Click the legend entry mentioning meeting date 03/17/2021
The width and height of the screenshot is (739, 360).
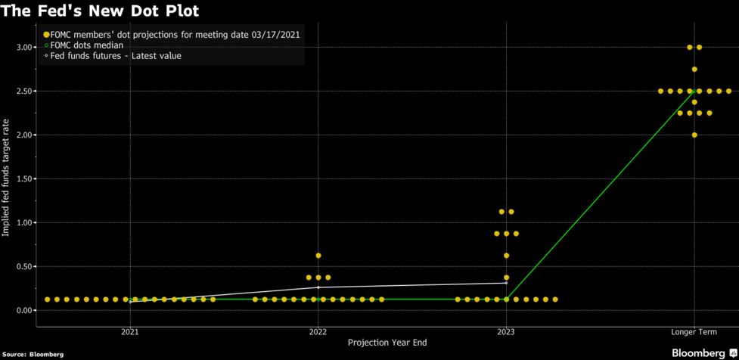coord(175,35)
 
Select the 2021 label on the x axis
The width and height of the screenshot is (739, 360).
coord(130,332)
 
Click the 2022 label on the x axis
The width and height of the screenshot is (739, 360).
coord(318,332)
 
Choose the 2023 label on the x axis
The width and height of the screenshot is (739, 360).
coord(506,332)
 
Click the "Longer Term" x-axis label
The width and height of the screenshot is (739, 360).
coord(694,332)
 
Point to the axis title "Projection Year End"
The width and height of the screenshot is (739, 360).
coord(387,343)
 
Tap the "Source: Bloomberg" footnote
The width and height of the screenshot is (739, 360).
coord(33,354)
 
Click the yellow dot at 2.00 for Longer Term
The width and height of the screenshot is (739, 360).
coord(694,135)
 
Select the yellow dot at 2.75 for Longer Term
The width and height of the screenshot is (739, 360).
coord(694,70)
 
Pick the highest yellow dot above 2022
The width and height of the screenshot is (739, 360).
coord(318,256)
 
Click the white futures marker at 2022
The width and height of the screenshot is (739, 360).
coord(318,287)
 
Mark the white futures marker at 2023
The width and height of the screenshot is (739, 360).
coord(506,283)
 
